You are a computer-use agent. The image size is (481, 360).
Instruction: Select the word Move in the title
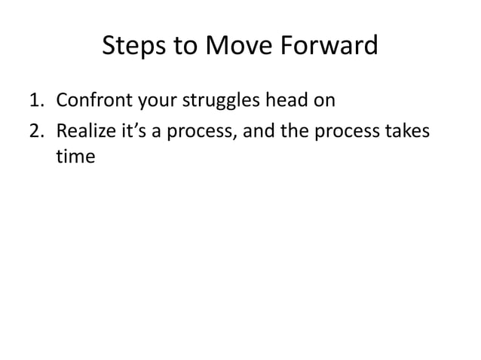point(240,47)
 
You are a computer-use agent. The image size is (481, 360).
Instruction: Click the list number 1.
point(35,100)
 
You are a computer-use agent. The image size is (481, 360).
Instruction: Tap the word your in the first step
point(155,100)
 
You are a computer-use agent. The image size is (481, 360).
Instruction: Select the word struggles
point(218,100)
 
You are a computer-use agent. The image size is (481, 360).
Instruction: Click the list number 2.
point(35,131)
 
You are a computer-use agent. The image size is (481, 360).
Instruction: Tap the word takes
point(410,131)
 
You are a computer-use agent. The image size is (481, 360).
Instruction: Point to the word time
point(75,158)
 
